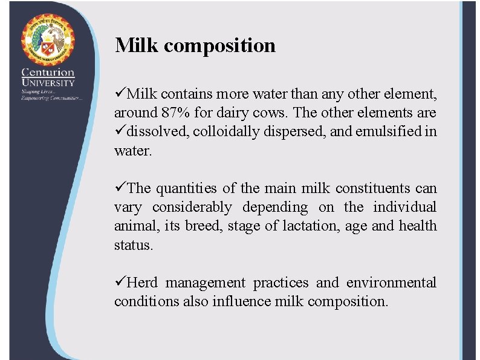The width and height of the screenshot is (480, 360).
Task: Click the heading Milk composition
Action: (x=195, y=45)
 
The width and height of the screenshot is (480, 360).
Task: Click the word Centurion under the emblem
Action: (x=48, y=73)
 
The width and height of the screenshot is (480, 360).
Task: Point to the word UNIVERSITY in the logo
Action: (x=48, y=83)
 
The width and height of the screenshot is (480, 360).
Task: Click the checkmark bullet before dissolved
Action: (x=120, y=131)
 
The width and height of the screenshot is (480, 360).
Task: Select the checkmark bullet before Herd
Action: (x=120, y=282)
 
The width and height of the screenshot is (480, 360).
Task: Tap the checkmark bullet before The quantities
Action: (x=120, y=188)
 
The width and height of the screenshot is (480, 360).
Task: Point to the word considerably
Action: (x=192, y=208)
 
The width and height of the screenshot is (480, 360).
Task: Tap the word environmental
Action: (x=392, y=283)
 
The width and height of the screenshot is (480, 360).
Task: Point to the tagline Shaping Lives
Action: (x=34, y=91)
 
